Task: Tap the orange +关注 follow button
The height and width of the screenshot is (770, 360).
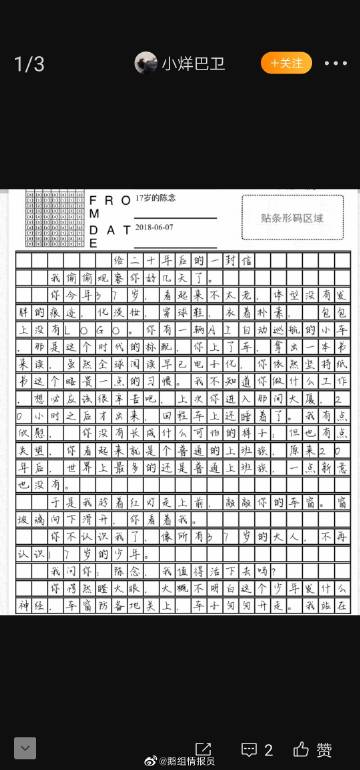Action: [x=287, y=63]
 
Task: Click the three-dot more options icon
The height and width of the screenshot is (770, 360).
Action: [x=336, y=64]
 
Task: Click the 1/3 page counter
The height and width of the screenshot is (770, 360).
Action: [x=29, y=64]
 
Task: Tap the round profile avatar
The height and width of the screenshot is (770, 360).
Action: [x=146, y=63]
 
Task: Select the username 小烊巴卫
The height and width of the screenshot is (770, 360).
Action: [x=194, y=64]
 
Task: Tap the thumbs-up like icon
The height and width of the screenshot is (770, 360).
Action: [x=300, y=749]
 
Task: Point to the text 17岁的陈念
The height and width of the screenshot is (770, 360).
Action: [x=158, y=198]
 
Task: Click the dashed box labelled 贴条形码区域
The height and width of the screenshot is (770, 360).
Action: [x=292, y=217]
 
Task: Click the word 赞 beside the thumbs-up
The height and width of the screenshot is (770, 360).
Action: [x=325, y=749]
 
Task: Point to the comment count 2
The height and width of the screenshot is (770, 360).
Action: [x=268, y=749]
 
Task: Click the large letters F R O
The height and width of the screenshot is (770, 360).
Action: [x=109, y=200]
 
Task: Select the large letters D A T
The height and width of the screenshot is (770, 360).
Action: [x=109, y=229]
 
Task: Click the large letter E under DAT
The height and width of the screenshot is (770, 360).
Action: [x=94, y=243]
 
